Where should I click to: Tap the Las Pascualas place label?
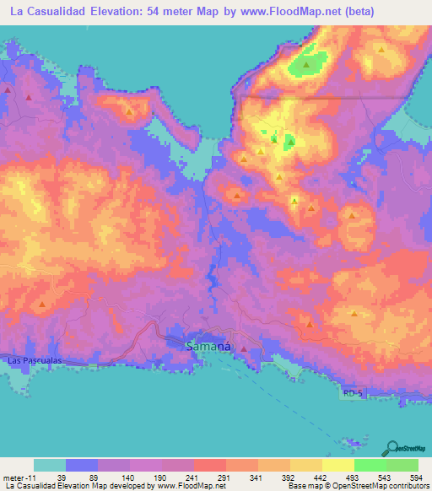click(34, 360)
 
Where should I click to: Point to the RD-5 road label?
click(355, 394)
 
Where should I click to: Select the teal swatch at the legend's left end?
click(50, 465)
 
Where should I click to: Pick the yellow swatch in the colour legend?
click(337, 465)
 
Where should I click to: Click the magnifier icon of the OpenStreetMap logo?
click(391, 448)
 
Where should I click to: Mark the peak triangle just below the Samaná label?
click(244, 348)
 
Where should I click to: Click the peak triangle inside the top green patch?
click(307, 63)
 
